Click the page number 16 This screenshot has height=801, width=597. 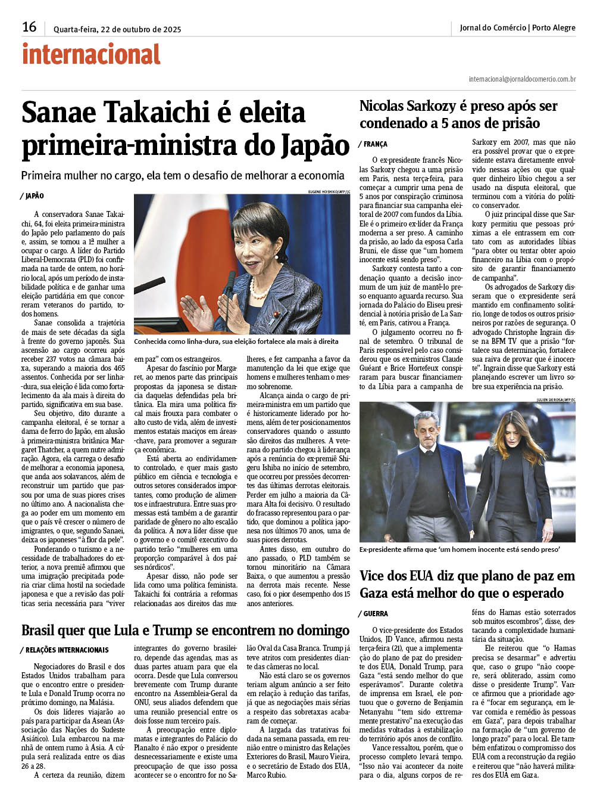click(29, 27)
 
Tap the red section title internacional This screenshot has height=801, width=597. click(91, 54)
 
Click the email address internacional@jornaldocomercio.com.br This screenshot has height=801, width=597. click(522, 79)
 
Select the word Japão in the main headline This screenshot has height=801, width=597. click(314, 145)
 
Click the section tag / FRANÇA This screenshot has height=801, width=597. click(373, 144)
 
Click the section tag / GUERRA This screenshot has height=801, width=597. click(373, 614)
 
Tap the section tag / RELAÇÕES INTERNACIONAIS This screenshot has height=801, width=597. click(65, 650)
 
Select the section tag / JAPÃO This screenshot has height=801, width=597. click(33, 196)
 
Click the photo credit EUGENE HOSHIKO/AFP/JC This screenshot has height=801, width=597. click(329, 192)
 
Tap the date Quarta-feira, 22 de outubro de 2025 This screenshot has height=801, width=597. click(117, 29)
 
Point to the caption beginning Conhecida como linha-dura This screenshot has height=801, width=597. click(236, 342)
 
